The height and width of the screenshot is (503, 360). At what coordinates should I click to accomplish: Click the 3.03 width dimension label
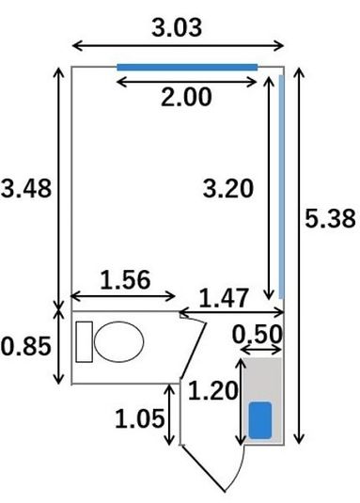point(177,27)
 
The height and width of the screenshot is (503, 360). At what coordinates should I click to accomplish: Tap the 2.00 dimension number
point(186,97)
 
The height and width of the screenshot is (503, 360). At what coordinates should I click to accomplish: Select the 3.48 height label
point(26,188)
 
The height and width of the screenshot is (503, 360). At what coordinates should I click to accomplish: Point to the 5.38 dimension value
point(330,218)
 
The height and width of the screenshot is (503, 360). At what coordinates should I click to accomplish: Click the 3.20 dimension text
point(227,189)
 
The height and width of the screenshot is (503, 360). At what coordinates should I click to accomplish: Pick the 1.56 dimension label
point(125,280)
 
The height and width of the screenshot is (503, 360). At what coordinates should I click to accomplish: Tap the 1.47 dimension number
point(224,298)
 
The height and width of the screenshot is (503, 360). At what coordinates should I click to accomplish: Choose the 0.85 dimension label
point(26,346)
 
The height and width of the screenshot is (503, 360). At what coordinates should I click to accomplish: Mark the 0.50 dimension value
point(258,335)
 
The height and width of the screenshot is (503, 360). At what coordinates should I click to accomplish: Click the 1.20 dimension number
point(213,390)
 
